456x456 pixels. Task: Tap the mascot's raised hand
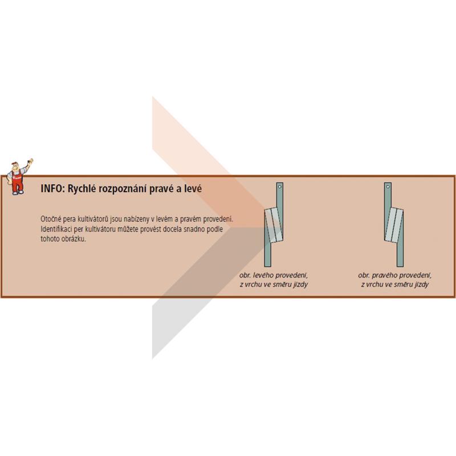point(30,161)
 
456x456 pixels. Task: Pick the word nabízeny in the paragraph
point(138,219)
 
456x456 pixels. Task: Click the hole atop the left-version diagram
point(279,186)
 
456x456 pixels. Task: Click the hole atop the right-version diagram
point(388,186)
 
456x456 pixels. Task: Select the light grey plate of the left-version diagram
point(274,225)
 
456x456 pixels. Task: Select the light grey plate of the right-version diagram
point(393,225)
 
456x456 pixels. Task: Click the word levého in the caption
point(263,275)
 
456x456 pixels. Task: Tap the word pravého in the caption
point(384,275)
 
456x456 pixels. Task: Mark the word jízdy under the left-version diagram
point(300,284)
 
